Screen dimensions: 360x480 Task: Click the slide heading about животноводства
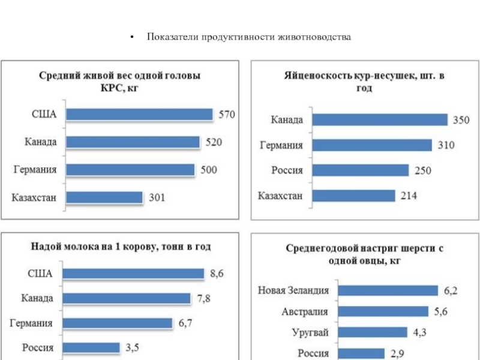[x=249, y=37]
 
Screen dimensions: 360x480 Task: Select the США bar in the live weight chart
[x=139, y=114]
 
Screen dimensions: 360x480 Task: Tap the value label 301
[x=157, y=197]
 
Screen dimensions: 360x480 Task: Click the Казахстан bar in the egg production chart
[x=355, y=196]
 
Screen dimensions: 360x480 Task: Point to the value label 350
[x=461, y=120]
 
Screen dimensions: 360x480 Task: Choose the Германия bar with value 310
[x=373, y=145]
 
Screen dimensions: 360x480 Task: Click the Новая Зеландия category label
[x=294, y=290]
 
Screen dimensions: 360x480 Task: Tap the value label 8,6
[x=217, y=274]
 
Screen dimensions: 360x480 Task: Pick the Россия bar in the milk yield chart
[x=92, y=347]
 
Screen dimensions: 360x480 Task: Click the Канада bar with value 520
[x=133, y=142]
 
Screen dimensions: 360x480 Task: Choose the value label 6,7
[x=185, y=323]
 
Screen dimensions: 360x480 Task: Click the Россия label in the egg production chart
[x=287, y=170]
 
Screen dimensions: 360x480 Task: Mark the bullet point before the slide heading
[x=131, y=38]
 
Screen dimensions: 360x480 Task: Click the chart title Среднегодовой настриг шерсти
[x=364, y=254]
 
